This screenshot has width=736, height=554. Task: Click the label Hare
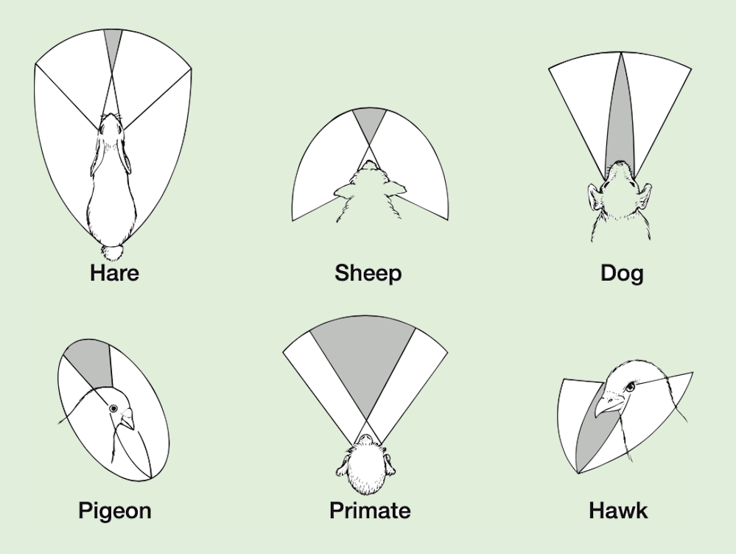pos(114,273)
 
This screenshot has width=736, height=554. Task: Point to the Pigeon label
pos(115,511)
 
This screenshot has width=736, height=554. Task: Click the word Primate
pos(370,511)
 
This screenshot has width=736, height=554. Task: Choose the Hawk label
pos(618,511)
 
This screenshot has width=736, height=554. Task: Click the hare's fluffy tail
pos(113,252)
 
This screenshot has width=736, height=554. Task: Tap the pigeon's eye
pos(113,408)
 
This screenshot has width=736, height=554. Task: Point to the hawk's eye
pos(629,388)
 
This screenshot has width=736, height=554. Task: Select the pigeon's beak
pos(127,418)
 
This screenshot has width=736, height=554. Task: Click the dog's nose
pos(620,164)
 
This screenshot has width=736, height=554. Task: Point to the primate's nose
pos(365,438)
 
